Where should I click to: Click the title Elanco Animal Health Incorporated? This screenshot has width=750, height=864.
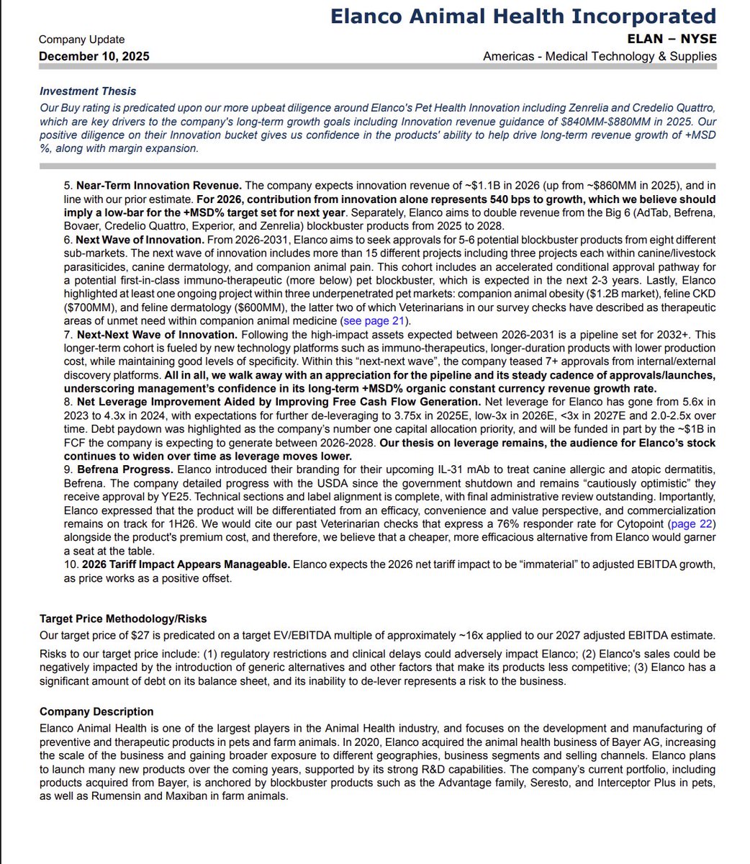[523, 17]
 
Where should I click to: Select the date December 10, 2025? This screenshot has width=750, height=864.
[94, 56]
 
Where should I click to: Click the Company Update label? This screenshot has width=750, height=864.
[81, 40]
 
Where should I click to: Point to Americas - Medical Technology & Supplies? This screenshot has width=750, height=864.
[600, 56]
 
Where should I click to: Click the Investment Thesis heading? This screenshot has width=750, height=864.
[88, 91]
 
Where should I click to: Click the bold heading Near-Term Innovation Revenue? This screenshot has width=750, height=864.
[159, 186]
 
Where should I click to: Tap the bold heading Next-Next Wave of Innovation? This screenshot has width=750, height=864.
[156, 335]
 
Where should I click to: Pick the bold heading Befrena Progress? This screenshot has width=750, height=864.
[125, 470]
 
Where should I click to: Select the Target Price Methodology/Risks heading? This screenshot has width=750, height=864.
[123, 618]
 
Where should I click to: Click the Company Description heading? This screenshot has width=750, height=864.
[96, 711]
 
